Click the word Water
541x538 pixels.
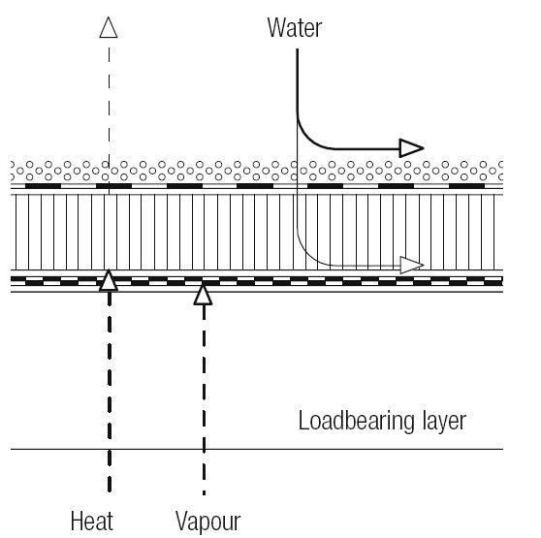(295, 27)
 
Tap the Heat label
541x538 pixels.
(92, 522)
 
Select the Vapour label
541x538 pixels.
(208, 522)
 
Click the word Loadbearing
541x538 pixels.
(356, 421)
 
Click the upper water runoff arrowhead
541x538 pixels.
(411, 148)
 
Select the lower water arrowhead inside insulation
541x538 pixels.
(412, 266)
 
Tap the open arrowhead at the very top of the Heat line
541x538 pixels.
(109, 27)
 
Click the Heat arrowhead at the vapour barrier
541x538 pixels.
(109, 280)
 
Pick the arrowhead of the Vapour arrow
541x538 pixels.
(203, 295)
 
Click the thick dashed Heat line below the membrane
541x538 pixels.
(110, 392)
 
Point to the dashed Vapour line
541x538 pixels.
(204, 400)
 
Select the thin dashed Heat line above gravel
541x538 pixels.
(109, 104)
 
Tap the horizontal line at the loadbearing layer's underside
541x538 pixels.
(257, 449)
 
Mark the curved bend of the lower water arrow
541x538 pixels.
(306, 256)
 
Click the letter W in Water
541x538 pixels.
(276, 27)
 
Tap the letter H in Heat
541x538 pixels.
(77, 522)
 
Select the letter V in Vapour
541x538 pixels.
(182, 522)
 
